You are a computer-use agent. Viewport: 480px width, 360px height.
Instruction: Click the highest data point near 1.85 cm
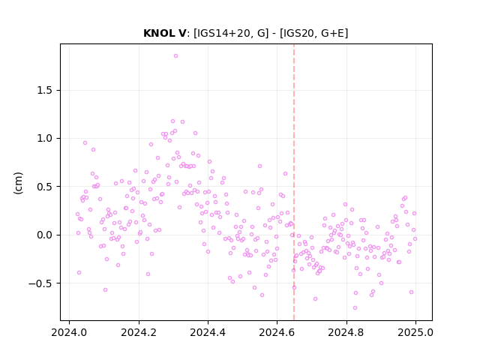click(175, 55)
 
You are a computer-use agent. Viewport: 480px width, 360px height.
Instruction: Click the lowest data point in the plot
click(355, 307)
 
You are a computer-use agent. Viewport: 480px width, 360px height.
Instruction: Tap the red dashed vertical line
click(294, 182)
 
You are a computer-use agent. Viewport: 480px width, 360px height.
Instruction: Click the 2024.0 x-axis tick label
click(69, 332)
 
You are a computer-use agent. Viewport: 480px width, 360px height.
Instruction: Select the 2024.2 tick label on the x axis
click(139, 332)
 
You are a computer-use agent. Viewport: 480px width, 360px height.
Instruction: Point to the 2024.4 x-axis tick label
click(208, 332)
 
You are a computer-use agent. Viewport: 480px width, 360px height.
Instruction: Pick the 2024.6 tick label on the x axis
click(277, 332)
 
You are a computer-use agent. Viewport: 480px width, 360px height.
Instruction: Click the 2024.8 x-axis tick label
click(346, 332)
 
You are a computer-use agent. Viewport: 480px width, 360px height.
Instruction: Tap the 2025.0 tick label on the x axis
click(415, 332)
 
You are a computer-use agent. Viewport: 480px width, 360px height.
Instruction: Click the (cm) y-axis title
click(18, 182)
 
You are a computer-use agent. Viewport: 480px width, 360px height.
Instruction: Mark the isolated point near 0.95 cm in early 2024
click(85, 142)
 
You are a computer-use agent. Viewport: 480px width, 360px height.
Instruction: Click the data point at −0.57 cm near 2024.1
click(105, 289)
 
